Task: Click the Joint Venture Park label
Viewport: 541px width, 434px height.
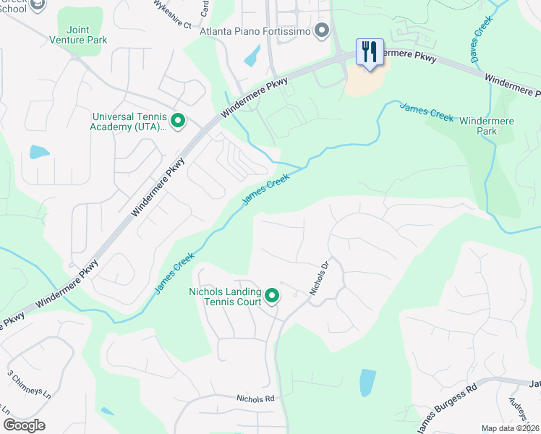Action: (x=77, y=35)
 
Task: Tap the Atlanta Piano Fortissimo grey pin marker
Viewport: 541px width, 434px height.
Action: (x=323, y=31)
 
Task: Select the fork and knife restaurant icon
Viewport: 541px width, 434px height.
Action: (x=370, y=52)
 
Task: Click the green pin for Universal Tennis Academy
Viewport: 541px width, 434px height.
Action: (x=178, y=121)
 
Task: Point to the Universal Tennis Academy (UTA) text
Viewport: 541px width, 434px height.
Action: (x=130, y=122)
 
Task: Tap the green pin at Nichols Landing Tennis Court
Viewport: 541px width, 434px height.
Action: (x=272, y=295)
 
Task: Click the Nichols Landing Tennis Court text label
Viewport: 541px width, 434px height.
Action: (x=225, y=297)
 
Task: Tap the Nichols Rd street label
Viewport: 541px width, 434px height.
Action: (x=256, y=399)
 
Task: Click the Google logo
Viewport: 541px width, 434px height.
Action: (x=24, y=425)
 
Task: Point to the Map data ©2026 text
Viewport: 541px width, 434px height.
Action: (x=511, y=428)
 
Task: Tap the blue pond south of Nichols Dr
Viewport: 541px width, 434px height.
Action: (x=367, y=383)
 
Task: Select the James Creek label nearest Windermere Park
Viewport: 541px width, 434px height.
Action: (x=427, y=111)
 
